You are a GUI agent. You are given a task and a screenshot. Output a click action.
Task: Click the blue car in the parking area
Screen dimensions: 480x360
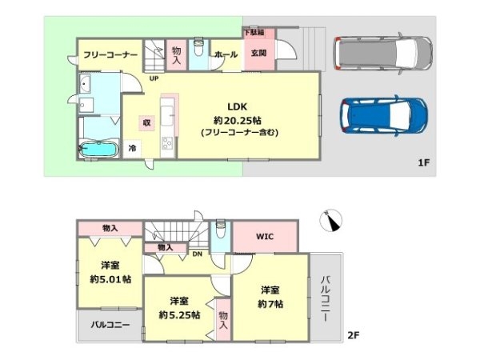click(x=384, y=115)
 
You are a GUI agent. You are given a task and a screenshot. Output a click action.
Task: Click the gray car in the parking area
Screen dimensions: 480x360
click(x=383, y=54)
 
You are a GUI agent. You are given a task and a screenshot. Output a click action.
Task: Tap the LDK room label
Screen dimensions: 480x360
click(x=238, y=107)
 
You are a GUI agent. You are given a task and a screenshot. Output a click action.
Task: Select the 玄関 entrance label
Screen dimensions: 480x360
click(x=258, y=53)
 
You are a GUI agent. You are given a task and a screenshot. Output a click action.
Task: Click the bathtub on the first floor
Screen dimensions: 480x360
click(x=98, y=149)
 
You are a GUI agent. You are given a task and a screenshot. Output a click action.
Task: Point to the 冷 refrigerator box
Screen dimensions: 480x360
click(x=132, y=149)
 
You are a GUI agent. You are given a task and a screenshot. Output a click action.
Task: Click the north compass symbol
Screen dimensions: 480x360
click(x=331, y=221)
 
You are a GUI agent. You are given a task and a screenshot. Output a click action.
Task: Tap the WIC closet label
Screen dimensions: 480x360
click(x=265, y=236)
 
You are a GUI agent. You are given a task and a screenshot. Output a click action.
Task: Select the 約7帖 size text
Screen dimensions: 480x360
click(x=270, y=304)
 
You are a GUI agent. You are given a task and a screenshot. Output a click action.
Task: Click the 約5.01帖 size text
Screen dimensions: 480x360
click(x=110, y=279)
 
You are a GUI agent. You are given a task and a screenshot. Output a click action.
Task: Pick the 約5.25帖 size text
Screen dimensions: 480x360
click(x=179, y=314)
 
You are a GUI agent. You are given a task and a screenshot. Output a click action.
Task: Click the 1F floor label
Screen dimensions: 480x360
click(x=424, y=162)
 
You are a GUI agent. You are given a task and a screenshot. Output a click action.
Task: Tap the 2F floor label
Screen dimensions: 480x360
click(x=354, y=335)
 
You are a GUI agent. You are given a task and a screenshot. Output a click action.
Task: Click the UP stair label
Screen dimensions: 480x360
click(x=154, y=78)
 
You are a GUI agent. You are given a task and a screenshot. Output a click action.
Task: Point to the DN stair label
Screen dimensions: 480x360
click(x=197, y=254)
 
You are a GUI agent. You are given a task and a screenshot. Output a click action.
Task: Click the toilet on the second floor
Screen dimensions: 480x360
click(x=220, y=229)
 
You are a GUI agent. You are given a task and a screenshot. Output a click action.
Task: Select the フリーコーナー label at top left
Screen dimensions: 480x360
click(x=110, y=55)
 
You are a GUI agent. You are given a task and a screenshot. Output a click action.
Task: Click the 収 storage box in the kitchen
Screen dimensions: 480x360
click(x=147, y=122)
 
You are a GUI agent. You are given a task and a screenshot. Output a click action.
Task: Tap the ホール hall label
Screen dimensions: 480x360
click(x=226, y=54)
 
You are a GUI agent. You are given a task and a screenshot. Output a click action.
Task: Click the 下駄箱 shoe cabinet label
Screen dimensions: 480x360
click(x=254, y=32)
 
